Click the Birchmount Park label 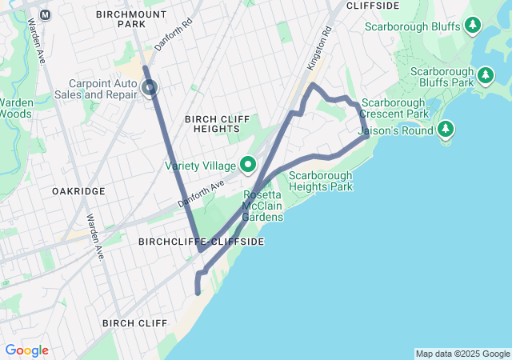[131, 19]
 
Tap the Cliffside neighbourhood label [372, 6]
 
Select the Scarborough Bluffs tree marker [473, 26]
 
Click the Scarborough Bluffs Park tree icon [486, 76]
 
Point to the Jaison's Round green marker [446, 128]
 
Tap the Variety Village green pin [248, 165]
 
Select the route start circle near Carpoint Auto [150, 88]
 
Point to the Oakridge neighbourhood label [78, 192]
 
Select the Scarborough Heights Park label [320, 181]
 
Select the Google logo [26, 350]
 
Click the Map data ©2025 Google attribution [462, 354]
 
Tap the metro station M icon [45, 14]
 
